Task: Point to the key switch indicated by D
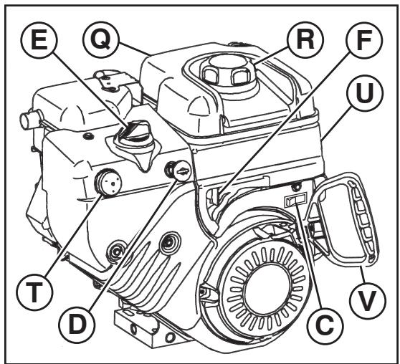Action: [177, 170]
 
